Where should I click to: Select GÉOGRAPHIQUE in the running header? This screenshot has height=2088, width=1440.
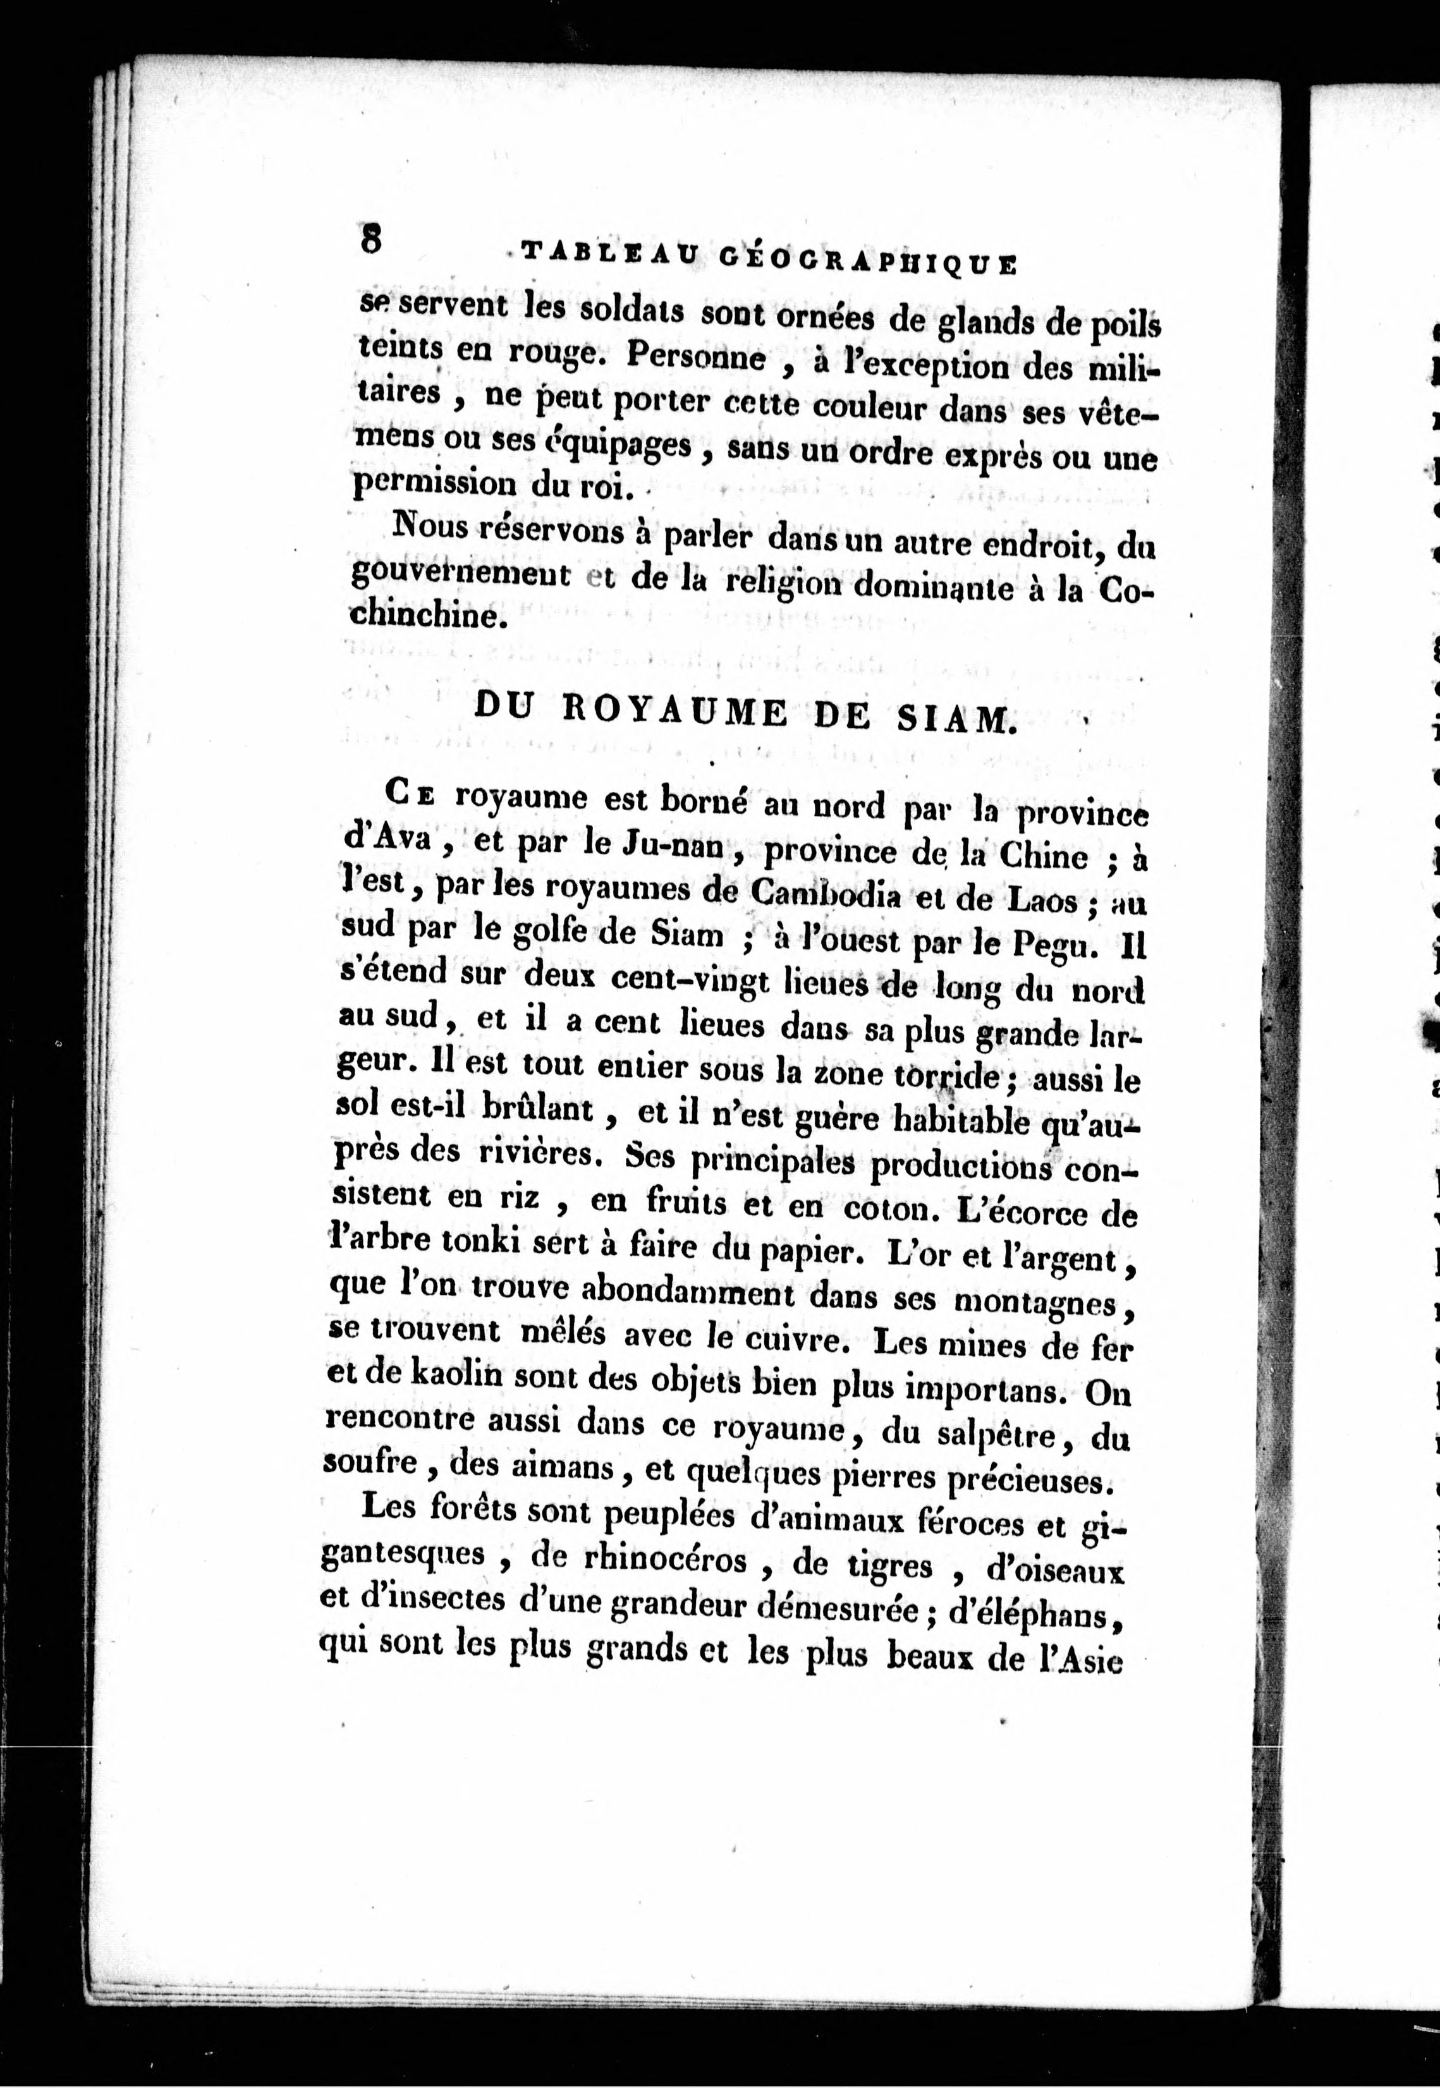coord(868,262)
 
